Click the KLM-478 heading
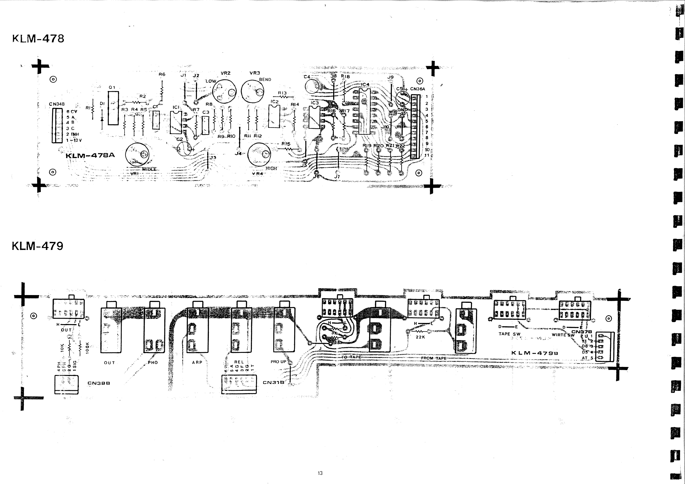coord(38,39)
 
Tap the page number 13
coord(320,473)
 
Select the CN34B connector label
coord(57,104)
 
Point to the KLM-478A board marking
coord(90,155)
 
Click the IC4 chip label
coord(365,85)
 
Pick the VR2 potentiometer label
coord(226,73)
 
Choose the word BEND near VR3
coord(265,80)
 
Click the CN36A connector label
coord(417,89)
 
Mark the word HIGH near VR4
coord(271,169)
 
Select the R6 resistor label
coord(162,74)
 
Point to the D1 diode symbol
coord(102,119)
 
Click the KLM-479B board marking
coord(535,353)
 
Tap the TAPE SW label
coord(509,334)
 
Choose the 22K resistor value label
coord(420,337)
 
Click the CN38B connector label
coord(99,383)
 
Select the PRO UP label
coord(278,362)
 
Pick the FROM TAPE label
coord(434,358)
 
